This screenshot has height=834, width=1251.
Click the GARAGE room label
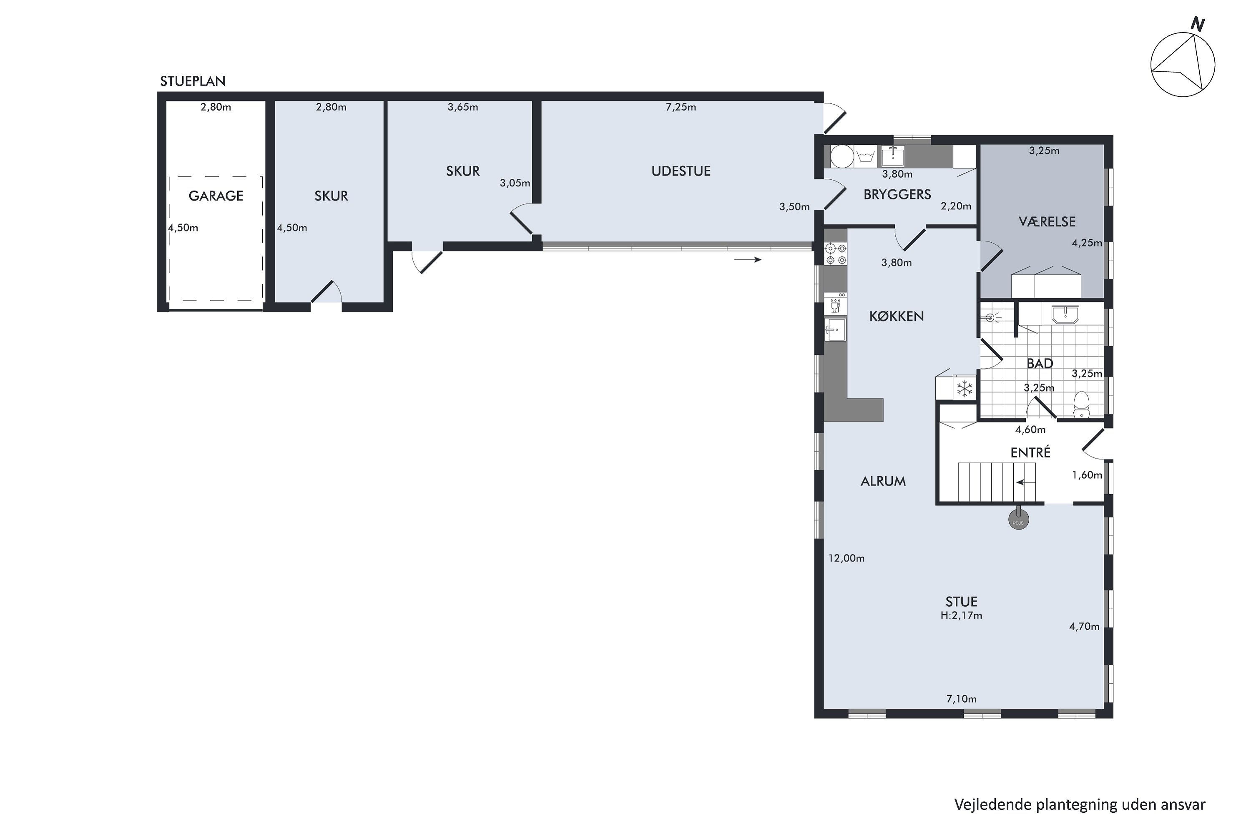(216, 196)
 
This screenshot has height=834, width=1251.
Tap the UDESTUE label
(681, 171)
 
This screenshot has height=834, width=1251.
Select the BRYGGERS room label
(897, 194)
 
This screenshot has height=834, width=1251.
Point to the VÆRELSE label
(1047, 221)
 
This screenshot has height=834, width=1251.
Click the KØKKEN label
(896, 317)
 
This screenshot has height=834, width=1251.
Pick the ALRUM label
(883, 481)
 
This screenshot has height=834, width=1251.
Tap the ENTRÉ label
(1030, 452)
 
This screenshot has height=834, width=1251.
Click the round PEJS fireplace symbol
(1018, 520)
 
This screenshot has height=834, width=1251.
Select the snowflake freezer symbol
(964, 389)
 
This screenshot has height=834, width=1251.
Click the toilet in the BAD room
(1081, 405)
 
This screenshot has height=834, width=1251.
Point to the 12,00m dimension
(846, 558)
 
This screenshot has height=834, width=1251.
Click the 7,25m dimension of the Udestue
(681, 107)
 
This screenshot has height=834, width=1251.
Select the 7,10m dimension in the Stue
(961, 699)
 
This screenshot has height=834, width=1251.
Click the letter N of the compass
(1197, 24)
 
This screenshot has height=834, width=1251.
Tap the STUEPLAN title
(193, 81)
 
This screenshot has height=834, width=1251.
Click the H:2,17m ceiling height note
(961, 615)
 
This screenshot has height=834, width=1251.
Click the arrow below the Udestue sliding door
(747, 259)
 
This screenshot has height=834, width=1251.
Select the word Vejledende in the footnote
(992, 805)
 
